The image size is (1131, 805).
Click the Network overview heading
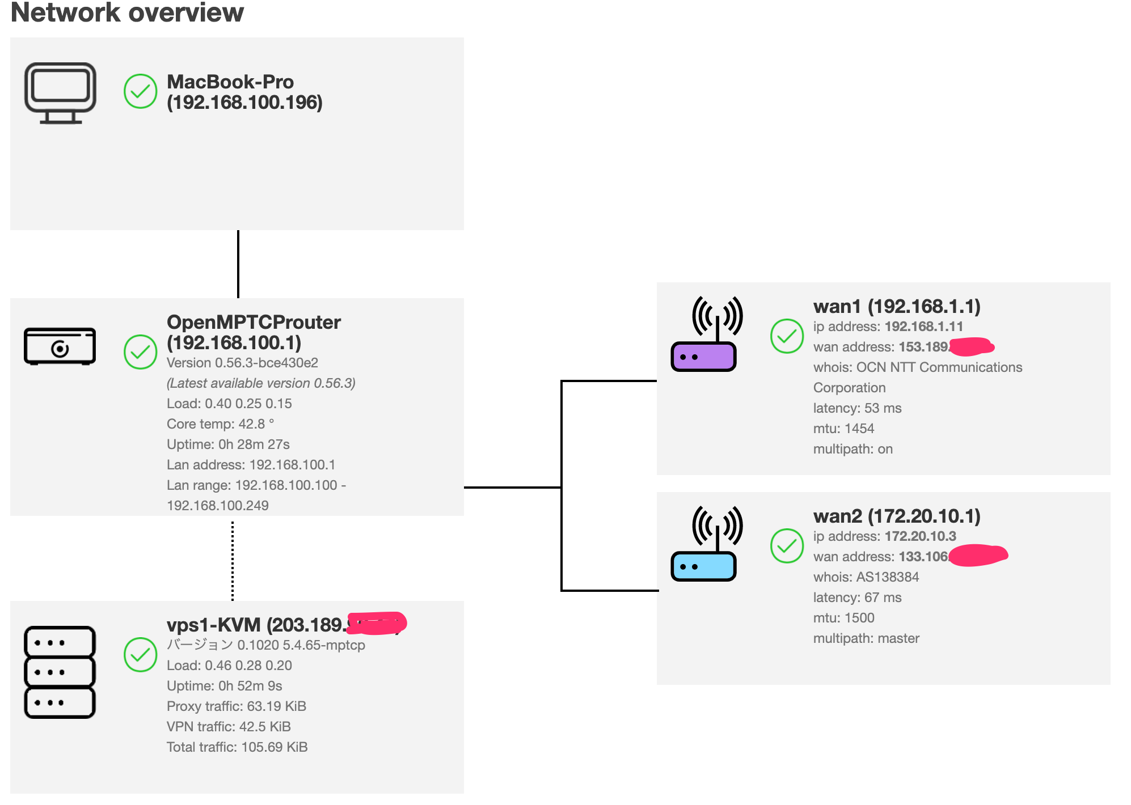(127, 12)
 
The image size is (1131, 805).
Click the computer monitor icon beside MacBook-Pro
(60, 93)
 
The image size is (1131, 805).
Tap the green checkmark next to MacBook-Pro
(140, 91)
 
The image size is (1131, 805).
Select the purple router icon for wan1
(704, 356)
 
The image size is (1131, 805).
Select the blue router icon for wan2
(704, 566)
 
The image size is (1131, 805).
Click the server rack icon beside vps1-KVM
(60, 672)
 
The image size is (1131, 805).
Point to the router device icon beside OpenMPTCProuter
(60, 346)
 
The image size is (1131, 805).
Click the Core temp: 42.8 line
(220, 424)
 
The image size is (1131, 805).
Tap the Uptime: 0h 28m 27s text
(228, 444)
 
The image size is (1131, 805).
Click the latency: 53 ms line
(857, 408)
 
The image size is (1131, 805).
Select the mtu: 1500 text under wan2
(843, 618)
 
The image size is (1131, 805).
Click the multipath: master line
(866, 638)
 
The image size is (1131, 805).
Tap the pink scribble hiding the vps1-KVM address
(377, 623)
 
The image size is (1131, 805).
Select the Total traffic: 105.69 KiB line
(237, 747)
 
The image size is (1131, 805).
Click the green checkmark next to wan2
(787, 546)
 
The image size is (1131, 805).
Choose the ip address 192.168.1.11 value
(923, 327)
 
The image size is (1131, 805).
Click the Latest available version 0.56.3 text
(261, 383)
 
